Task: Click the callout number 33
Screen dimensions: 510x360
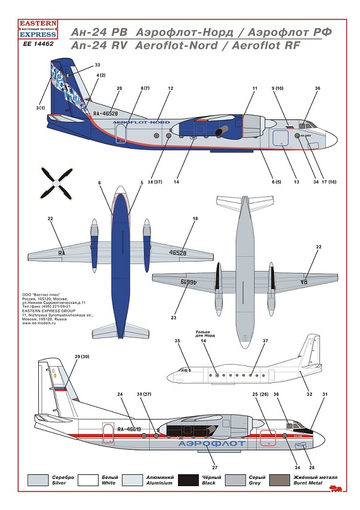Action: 97,64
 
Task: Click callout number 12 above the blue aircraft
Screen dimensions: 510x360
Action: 170,88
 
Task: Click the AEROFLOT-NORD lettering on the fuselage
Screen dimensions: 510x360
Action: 141,122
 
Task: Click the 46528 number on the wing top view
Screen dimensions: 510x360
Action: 178,253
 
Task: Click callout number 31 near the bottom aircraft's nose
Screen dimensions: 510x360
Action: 325,394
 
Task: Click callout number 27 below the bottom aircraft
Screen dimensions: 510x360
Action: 213,468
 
